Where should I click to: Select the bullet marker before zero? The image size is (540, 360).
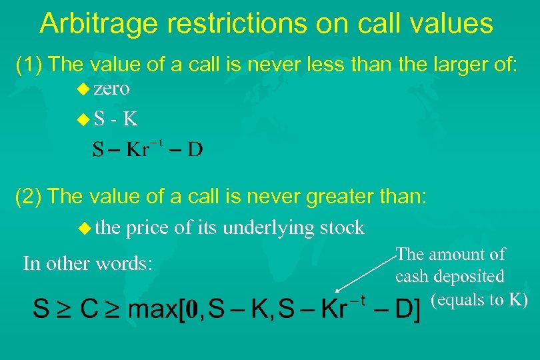(84, 89)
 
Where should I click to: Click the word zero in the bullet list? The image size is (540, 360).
(111, 89)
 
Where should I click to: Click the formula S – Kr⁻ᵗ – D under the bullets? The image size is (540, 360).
(147, 149)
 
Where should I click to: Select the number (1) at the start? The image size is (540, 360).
(29, 65)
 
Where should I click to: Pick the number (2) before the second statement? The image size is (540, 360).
(29, 197)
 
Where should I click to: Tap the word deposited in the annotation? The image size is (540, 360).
(469, 276)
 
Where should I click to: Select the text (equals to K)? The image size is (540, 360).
(479, 300)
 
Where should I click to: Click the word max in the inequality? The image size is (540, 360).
(150, 309)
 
